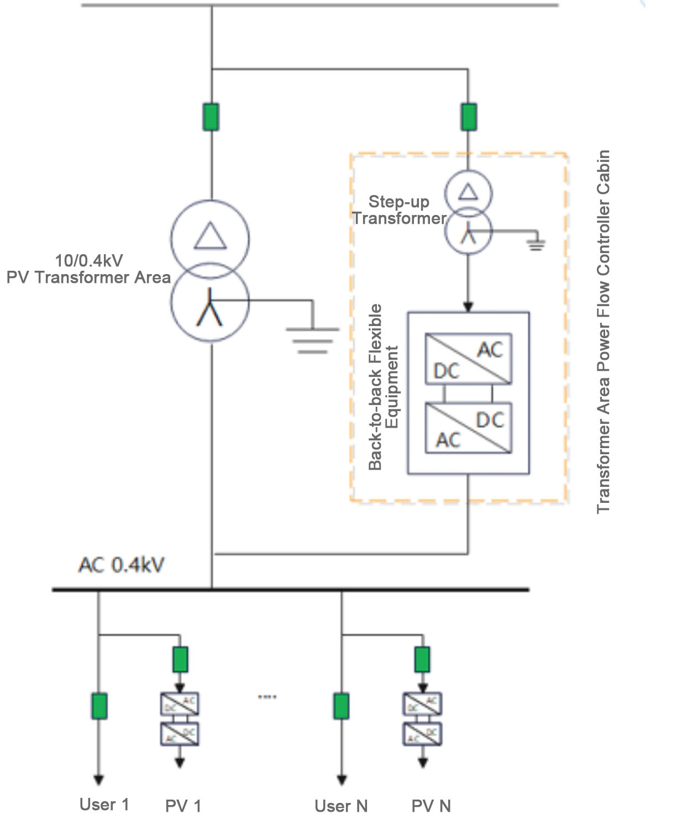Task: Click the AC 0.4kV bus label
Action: click(121, 565)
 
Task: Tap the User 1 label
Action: click(104, 805)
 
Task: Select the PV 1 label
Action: click(183, 806)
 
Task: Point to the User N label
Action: click(341, 806)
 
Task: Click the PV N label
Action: click(431, 806)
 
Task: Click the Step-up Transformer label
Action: click(399, 210)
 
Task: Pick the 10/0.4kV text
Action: click(88, 260)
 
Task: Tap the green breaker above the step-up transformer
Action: click(469, 117)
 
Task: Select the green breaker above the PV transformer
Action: click(211, 117)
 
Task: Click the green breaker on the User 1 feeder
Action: click(99, 706)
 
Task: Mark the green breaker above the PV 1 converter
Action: click(180, 659)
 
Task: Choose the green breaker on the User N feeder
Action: click(342, 706)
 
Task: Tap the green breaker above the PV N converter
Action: click(422, 659)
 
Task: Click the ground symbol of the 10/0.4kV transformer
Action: click(312, 339)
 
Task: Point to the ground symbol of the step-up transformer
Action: click(536, 244)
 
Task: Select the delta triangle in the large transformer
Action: click(210, 236)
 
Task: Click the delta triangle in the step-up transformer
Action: click(469, 192)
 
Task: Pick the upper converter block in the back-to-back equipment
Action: click(468, 359)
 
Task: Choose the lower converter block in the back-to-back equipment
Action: click(468, 428)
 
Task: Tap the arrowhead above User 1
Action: click(98, 780)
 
